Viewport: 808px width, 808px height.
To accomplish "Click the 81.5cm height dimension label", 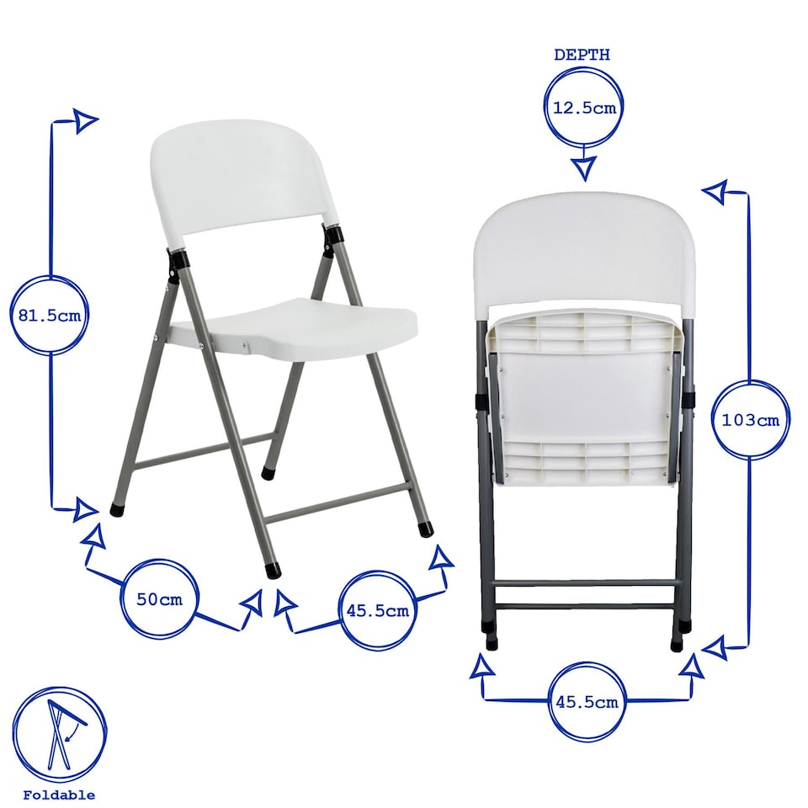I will point(50,316).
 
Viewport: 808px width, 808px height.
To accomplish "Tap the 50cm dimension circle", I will point(159,599).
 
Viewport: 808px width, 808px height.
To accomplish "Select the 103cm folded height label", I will point(751,419).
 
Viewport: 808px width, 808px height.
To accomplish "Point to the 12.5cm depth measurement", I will point(584,107).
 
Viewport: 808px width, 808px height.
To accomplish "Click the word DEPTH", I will point(582,55).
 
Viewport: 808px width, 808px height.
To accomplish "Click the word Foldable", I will point(59,795).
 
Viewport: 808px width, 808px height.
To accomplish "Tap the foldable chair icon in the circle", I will point(59,729).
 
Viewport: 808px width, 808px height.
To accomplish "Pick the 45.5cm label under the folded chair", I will point(587,701).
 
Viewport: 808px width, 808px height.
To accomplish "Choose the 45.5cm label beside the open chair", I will point(377,610).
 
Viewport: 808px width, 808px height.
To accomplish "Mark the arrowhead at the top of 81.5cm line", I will point(85,120).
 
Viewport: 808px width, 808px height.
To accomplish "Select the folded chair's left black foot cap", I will point(492,641).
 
